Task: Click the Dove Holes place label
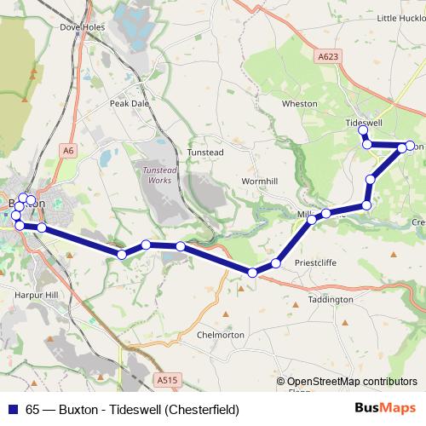[82, 26]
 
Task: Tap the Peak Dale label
[129, 103]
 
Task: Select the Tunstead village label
[204, 153]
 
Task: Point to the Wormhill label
[260, 181]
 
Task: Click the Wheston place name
[299, 103]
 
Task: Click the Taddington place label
[330, 300]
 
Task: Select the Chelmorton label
[221, 335]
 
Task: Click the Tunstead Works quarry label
[154, 175]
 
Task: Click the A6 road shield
[68, 150]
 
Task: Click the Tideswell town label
[365, 123]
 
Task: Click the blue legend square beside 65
[11, 409]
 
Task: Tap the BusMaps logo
[385, 409]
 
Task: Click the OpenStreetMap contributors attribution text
[352, 382]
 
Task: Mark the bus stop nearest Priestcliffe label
[275, 264]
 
